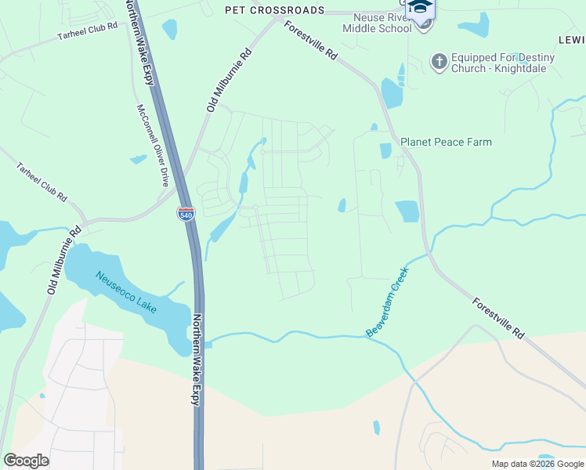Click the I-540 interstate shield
tap(186, 214)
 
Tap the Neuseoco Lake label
tap(126, 291)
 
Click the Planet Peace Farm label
tap(446, 142)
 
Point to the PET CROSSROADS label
tap(274, 10)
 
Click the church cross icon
tap(439, 60)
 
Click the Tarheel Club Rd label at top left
tap(87, 31)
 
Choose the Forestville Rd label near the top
tap(311, 42)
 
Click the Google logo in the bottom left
tap(26, 460)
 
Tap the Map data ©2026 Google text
tap(537, 464)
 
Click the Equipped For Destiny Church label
tap(502, 63)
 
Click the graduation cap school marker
tap(420, 8)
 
